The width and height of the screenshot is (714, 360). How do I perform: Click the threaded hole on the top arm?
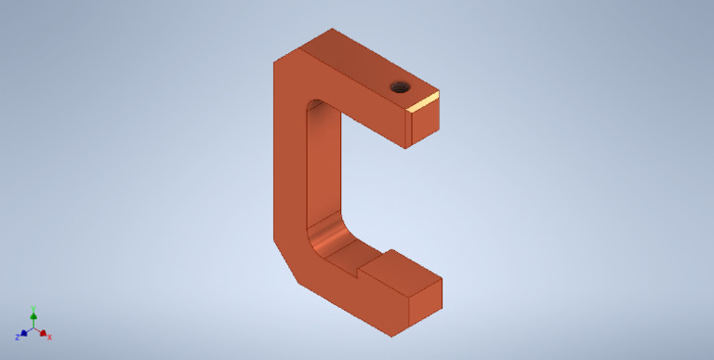pos(401,87)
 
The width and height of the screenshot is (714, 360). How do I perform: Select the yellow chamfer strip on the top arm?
pos(423,101)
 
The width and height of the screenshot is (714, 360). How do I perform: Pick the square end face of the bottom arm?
pos(425,297)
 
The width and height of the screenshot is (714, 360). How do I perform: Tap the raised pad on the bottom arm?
pos(401,269)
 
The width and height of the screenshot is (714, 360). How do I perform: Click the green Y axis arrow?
pos(33,315)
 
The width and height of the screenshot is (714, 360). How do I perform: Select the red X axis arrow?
pos(43,332)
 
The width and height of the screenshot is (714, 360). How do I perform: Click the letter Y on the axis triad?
pos(33,308)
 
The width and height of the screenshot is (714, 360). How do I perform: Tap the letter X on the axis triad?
pos(49,337)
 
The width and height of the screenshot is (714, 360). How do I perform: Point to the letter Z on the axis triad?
pos(17,337)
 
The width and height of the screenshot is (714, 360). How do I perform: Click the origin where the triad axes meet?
pos(33,328)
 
